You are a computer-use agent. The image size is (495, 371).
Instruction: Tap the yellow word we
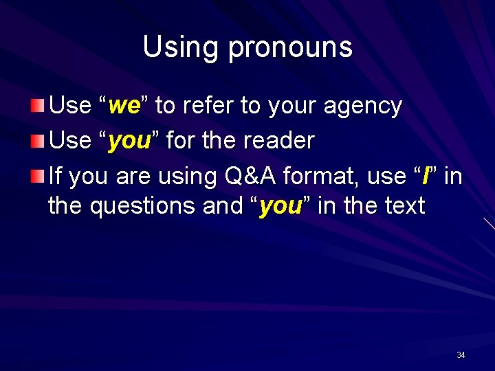pos(124,106)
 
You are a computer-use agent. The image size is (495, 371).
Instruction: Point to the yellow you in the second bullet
pos(130,142)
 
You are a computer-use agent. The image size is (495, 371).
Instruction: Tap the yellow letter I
pos(426,177)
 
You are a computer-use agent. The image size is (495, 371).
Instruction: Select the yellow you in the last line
pos(280,205)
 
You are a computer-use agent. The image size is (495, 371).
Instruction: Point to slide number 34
pos(461,355)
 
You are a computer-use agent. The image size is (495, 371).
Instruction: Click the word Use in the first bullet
pos(71,106)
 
